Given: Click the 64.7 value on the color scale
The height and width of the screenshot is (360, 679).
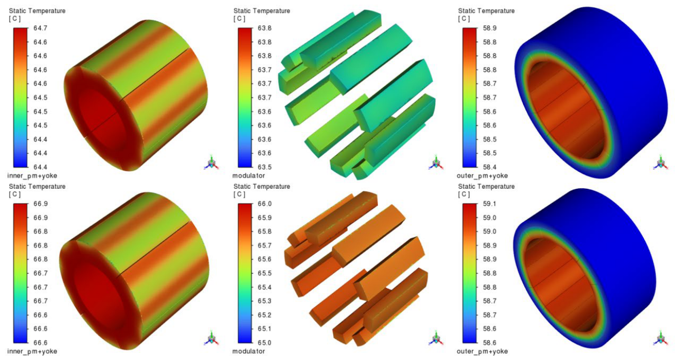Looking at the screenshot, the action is click(x=40, y=28).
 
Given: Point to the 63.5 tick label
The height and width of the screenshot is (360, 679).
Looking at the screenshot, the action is click(x=264, y=167).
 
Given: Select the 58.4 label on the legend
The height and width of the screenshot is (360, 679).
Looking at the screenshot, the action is click(x=490, y=167).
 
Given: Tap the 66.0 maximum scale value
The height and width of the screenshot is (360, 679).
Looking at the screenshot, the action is click(x=264, y=204).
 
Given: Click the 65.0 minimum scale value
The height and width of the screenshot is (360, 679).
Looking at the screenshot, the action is click(x=264, y=343).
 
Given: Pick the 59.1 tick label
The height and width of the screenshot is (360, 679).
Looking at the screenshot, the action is click(x=490, y=204).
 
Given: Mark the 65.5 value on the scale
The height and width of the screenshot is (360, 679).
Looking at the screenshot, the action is click(x=264, y=273).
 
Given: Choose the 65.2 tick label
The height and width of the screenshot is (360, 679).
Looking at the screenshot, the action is click(x=264, y=315).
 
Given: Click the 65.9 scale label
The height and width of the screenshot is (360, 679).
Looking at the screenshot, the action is click(x=264, y=218).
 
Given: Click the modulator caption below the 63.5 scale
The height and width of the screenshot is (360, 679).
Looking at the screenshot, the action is click(x=248, y=176).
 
